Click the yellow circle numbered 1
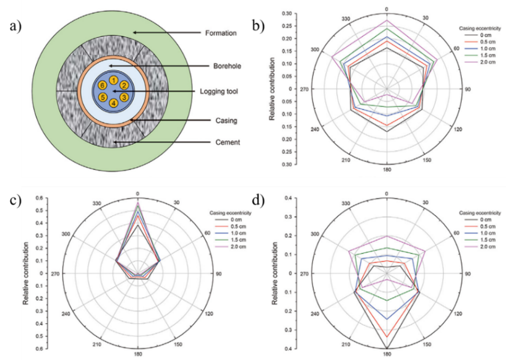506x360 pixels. (x=113, y=80)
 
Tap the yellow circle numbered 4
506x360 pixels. (x=113, y=103)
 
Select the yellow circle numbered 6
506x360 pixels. (x=103, y=85)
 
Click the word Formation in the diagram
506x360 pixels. (x=220, y=33)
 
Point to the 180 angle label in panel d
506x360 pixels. (x=387, y=354)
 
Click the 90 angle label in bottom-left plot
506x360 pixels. (x=219, y=274)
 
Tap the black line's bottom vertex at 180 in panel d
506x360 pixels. (x=387, y=348)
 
